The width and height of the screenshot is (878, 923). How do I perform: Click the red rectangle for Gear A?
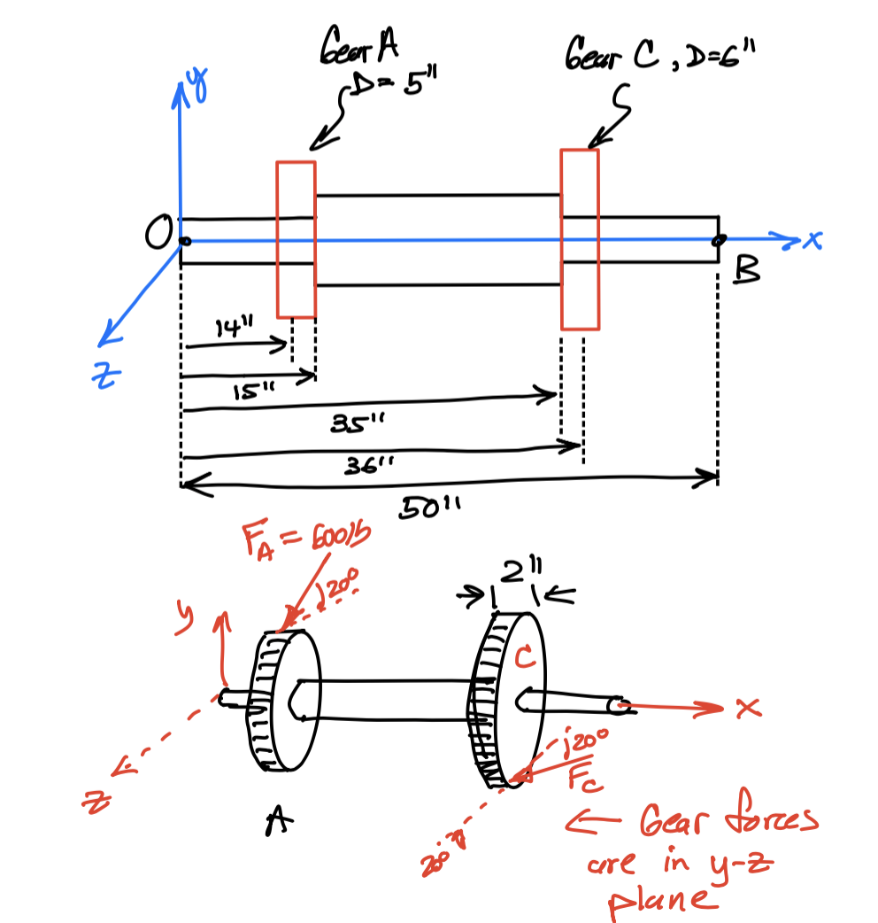point(296,239)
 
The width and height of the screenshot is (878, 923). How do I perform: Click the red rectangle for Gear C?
point(580,239)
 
